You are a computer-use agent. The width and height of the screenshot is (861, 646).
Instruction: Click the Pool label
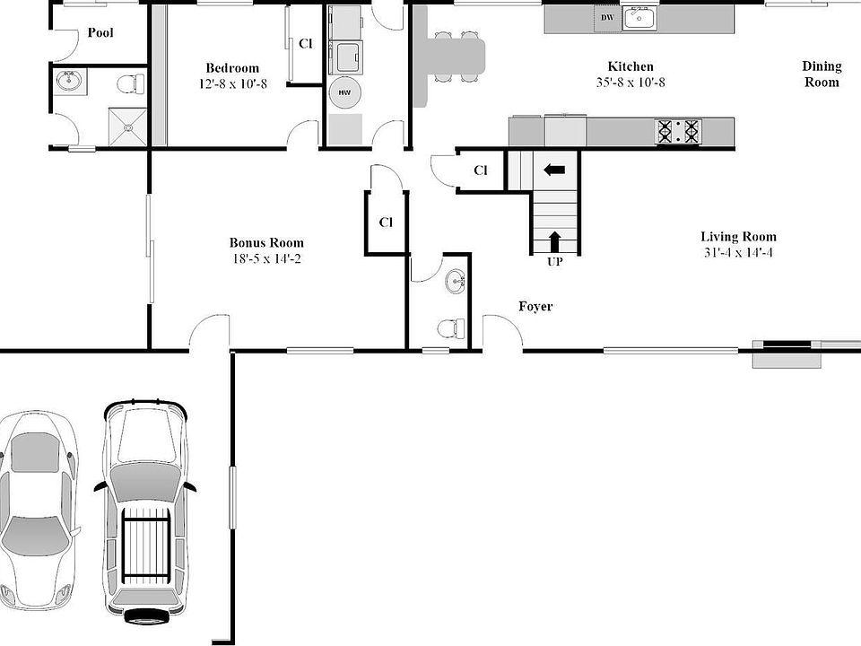coord(100,33)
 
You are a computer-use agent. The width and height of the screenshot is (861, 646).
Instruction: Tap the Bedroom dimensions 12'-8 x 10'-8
coord(232,83)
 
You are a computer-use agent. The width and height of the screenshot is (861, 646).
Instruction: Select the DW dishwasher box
coord(607,17)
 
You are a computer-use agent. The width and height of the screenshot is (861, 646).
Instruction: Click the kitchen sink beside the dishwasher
coord(640,17)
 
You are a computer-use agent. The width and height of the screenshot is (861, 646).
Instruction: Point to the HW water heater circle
coord(344,92)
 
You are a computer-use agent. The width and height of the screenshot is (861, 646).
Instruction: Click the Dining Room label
coord(822,74)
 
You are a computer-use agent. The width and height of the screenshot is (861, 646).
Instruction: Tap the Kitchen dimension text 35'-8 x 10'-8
coord(630,83)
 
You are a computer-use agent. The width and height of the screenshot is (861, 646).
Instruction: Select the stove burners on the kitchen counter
coord(679,132)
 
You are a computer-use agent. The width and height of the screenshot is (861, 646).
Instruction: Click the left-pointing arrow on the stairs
coord(554,169)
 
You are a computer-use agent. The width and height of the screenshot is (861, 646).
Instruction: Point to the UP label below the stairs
coord(554,262)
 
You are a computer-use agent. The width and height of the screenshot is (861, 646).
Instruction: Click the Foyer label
coord(535,307)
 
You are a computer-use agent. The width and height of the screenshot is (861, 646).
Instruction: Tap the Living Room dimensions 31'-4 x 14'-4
coord(738,252)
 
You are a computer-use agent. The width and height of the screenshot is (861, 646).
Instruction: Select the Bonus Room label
coord(266,242)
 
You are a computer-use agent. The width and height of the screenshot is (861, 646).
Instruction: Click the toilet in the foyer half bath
coord(448,329)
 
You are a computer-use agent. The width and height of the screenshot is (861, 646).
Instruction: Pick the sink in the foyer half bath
coord(456,282)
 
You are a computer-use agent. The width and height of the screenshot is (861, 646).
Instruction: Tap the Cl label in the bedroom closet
coord(306,43)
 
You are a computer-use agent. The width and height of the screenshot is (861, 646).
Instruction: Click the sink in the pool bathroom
coord(68,82)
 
